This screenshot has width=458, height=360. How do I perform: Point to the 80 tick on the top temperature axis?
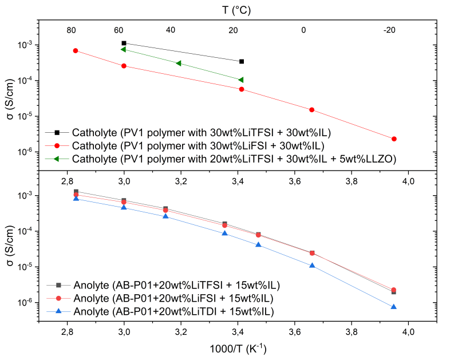[x=71, y=30]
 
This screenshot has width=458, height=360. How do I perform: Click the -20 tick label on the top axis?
[x=389, y=30]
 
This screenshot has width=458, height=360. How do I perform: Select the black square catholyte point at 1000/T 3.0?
[x=124, y=43]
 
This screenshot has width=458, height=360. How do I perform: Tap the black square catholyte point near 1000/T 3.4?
[x=242, y=61]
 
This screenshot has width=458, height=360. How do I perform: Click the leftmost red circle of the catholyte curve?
[x=76, y=51]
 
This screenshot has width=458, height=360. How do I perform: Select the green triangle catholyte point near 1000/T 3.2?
[x=179, y=64]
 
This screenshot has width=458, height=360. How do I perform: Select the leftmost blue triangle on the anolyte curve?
[x=76, y=199]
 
